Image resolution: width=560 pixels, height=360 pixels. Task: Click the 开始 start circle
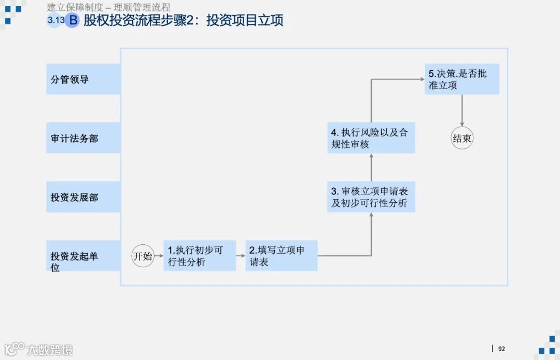click(x=143, y=256)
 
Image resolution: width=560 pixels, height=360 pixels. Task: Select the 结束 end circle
click(x=462, y=139)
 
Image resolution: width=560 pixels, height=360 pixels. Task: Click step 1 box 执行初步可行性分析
click(x=200, y=256)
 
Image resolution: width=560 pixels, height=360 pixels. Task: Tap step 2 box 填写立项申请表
click(x=281, y=256)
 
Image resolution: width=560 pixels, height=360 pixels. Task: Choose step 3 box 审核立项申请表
click(x=371, y=197)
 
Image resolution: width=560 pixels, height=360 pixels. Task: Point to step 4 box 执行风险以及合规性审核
click(x=371, y=138)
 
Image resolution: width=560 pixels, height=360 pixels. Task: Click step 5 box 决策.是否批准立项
click(x=462, y=79)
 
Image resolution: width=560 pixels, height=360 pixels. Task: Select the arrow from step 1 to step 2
click(x=241, y=256)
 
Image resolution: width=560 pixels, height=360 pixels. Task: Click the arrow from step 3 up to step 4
click(x=371, y=167)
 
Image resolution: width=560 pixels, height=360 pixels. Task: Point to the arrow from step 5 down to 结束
click(x=462, y=110)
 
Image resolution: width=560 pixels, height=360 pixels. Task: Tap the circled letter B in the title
click(x=73, y=21)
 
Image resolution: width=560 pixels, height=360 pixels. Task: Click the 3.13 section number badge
click(x=54, y=21)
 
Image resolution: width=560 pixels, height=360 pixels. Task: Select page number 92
click(x=501, y=349)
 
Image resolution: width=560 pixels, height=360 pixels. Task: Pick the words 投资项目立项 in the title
click(x=245, y=21)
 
